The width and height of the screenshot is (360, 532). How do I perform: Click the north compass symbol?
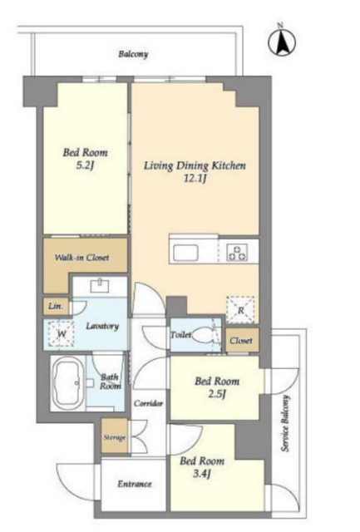282,42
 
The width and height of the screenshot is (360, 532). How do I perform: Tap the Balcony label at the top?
133,54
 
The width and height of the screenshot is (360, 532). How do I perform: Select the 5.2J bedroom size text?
85,166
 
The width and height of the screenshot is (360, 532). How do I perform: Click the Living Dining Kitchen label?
195,166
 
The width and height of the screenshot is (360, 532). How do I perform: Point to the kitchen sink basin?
187,253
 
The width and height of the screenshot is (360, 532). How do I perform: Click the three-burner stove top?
237,253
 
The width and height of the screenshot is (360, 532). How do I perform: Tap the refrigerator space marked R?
240,310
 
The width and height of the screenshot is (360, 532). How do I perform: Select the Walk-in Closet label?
81,258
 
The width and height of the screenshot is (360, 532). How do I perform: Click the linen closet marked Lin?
56,306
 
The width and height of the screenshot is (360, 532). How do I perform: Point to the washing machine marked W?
61,333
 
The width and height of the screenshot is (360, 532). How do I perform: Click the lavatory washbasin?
100,285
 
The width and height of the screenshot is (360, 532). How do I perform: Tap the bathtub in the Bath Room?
67,382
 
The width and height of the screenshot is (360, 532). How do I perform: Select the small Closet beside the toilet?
242,340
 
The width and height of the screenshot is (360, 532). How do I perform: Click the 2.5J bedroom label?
217,387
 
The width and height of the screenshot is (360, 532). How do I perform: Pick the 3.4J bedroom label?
202,467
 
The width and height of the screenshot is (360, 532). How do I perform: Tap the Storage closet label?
115,437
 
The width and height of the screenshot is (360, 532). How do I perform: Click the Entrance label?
135,484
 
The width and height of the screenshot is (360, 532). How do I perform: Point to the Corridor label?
148,403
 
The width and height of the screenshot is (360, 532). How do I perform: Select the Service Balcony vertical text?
286,423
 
